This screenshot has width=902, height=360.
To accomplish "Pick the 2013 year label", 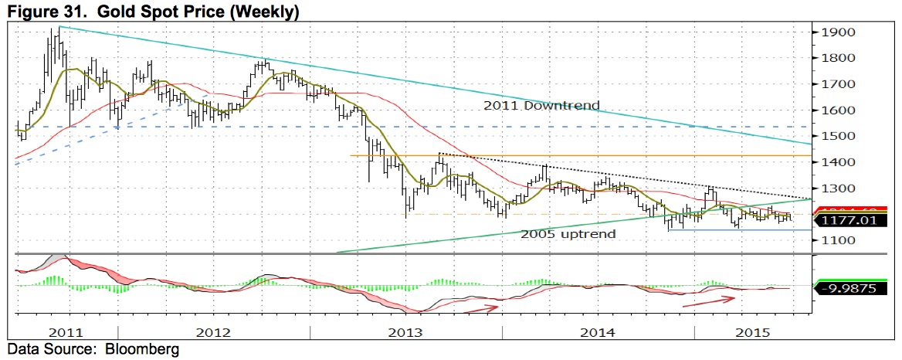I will coord(405,332).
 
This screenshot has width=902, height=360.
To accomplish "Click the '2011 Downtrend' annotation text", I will coord(542,105).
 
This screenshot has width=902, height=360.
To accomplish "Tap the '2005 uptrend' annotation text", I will coord(568,233).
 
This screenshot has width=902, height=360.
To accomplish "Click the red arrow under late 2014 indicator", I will coord(707,300).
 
